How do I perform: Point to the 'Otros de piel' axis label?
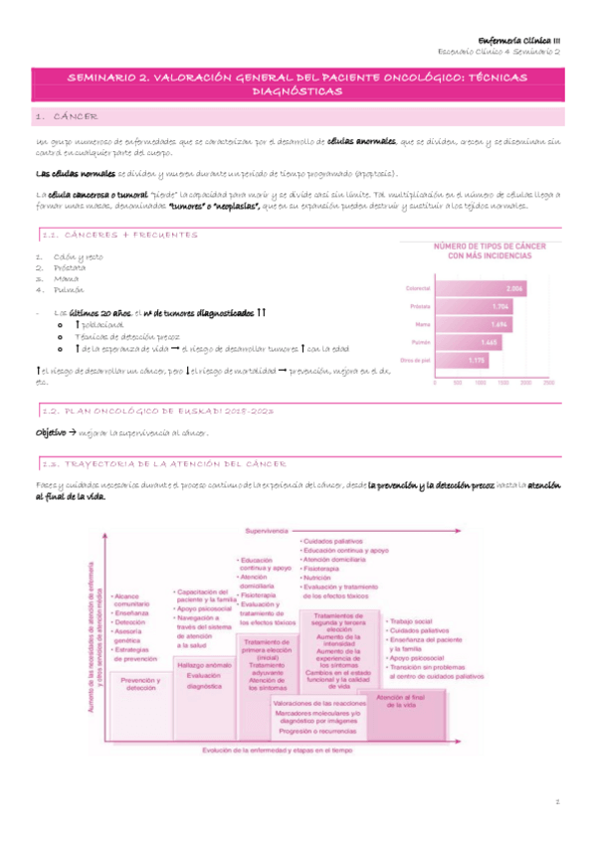click(415, 358)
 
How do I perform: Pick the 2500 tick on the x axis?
click(565, 381)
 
